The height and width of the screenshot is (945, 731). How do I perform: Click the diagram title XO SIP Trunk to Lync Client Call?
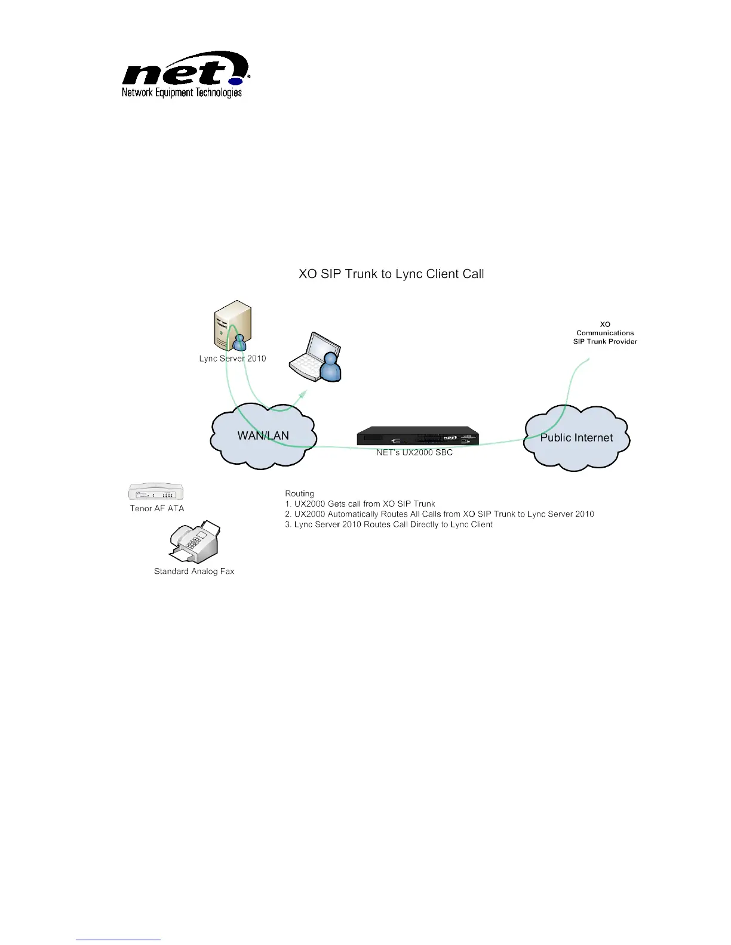[x=391, y=274]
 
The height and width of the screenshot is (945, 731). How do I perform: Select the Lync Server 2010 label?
[x=232, y=359]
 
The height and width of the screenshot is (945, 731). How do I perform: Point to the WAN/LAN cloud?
[x=263, y=436]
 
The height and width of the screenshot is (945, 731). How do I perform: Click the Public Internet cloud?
[x=576, y=438]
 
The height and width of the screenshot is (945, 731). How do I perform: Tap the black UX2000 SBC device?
[x=417, y=437]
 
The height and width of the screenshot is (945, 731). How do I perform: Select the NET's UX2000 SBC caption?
[x=414, y=453]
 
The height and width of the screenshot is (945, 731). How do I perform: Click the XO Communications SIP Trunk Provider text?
[x=605, y=333]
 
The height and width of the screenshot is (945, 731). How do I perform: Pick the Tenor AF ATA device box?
[x=156, y=492]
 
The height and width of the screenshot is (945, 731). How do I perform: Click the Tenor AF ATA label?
[x=157, y=508]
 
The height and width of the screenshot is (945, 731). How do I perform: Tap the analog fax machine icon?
[x=195, y=542]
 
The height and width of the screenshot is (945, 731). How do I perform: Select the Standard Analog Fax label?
[x=194, y=572]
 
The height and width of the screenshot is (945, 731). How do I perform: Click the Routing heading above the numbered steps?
[x=299, y=493]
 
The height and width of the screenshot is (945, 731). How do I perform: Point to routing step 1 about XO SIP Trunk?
[x=360, y=504]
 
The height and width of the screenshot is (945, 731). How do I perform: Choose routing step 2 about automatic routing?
[x=439, y=514]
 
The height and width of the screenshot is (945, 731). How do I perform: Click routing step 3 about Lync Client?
[x=388, y=525]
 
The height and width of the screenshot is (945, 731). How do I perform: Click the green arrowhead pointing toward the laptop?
[x=303, y=395]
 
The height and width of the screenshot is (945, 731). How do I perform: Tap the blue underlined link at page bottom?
[x=118, y=940]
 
